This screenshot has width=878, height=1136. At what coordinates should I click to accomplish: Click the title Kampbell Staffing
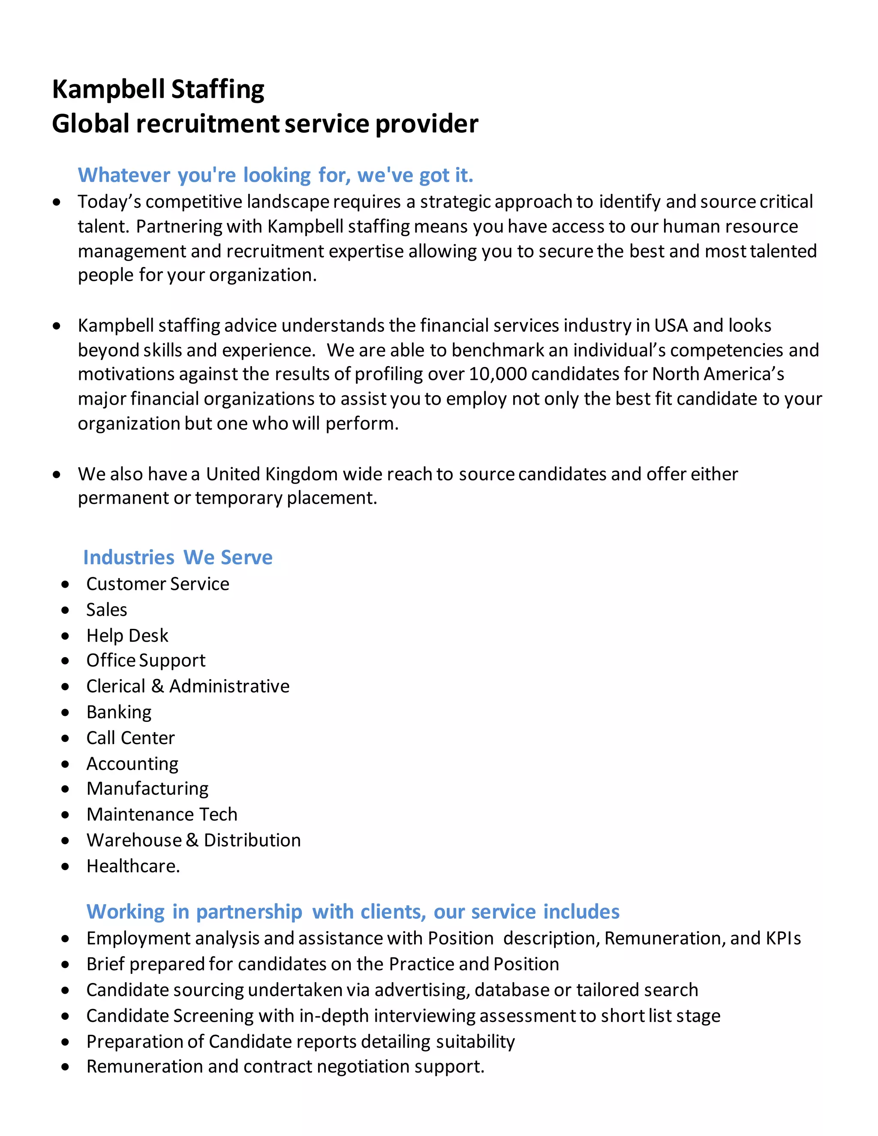158,90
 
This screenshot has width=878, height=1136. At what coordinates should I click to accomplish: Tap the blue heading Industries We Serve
177,557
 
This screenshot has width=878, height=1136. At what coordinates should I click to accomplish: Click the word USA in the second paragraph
671,326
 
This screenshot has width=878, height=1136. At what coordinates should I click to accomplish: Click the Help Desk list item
127,635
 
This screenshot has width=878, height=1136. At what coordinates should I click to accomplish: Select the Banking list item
119,712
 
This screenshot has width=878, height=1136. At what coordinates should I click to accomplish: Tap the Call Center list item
131,738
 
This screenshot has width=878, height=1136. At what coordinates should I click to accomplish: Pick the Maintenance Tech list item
162,814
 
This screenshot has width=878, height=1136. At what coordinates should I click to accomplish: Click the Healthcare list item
133,866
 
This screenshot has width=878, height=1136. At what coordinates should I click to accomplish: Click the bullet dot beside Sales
65,610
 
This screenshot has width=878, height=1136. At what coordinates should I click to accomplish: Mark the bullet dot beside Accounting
65,764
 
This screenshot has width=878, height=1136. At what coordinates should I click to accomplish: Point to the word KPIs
783,938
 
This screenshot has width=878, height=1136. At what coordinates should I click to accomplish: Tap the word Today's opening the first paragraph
109,202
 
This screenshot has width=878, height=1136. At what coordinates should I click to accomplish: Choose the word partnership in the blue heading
249,912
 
